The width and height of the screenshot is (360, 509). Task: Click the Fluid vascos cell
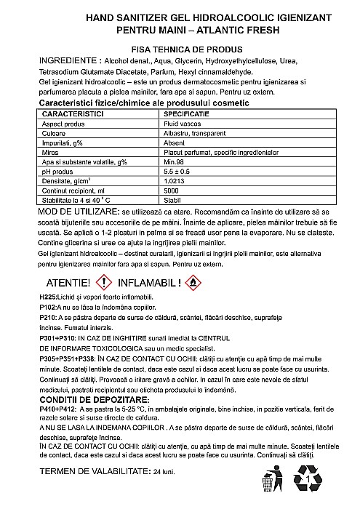pos(183,125)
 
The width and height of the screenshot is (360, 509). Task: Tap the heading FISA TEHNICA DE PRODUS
pos(179,47)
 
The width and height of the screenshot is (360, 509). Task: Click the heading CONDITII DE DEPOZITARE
pos(95,401)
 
